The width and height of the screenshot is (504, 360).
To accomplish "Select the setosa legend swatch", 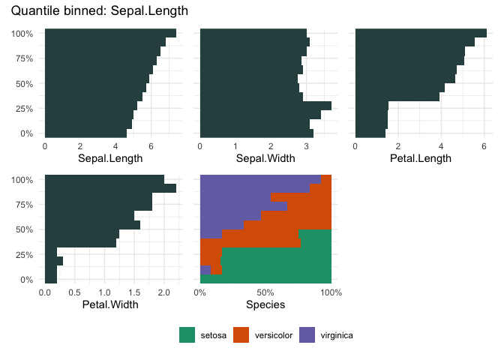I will coord(187,335).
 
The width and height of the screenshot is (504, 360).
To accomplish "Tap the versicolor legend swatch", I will coord(242,335).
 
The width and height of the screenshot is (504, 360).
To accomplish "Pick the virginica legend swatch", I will coord(307,335).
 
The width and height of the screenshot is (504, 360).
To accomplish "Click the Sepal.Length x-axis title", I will coord(110,158).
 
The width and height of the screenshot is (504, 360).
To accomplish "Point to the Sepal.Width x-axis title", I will coord(265,158).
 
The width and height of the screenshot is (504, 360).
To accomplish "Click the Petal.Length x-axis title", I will coord(421,158).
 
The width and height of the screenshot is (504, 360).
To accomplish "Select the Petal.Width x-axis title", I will coord(110,304).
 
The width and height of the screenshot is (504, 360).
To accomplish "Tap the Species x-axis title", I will coord(265,304).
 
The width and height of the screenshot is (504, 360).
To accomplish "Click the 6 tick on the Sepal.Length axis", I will coord(151,146).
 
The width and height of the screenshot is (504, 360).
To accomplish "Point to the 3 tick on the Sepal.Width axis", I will coord(307,146).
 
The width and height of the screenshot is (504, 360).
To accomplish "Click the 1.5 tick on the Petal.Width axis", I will coord(134,292).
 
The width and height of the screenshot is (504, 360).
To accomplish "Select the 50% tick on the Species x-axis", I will coord(265,292).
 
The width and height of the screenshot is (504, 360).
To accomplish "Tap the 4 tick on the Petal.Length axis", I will coord(442,146).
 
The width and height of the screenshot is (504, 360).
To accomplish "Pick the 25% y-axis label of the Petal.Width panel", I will coord(25,255).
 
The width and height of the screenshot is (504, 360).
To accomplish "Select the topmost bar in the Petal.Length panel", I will coord(421,33).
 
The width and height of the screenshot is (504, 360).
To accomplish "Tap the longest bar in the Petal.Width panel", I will coord(110,188).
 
